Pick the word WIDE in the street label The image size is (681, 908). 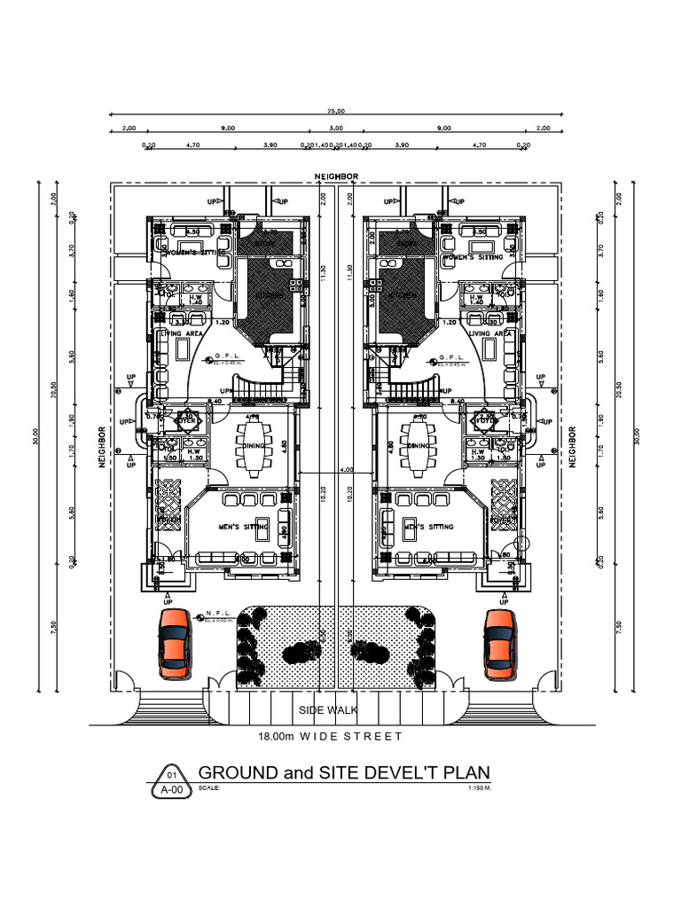point(319,736)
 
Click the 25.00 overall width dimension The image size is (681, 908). point(336,111)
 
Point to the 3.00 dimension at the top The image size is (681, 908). point(336,128)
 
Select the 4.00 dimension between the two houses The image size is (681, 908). point(345,469)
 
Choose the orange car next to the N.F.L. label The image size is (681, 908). point(174,642)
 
